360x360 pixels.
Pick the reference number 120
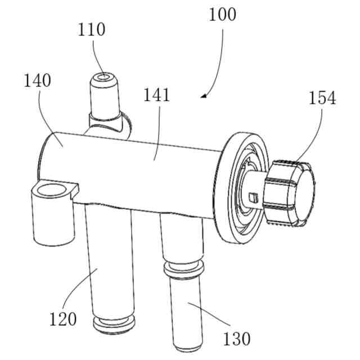coord(63,319)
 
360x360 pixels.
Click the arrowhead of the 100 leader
coord(203,96)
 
